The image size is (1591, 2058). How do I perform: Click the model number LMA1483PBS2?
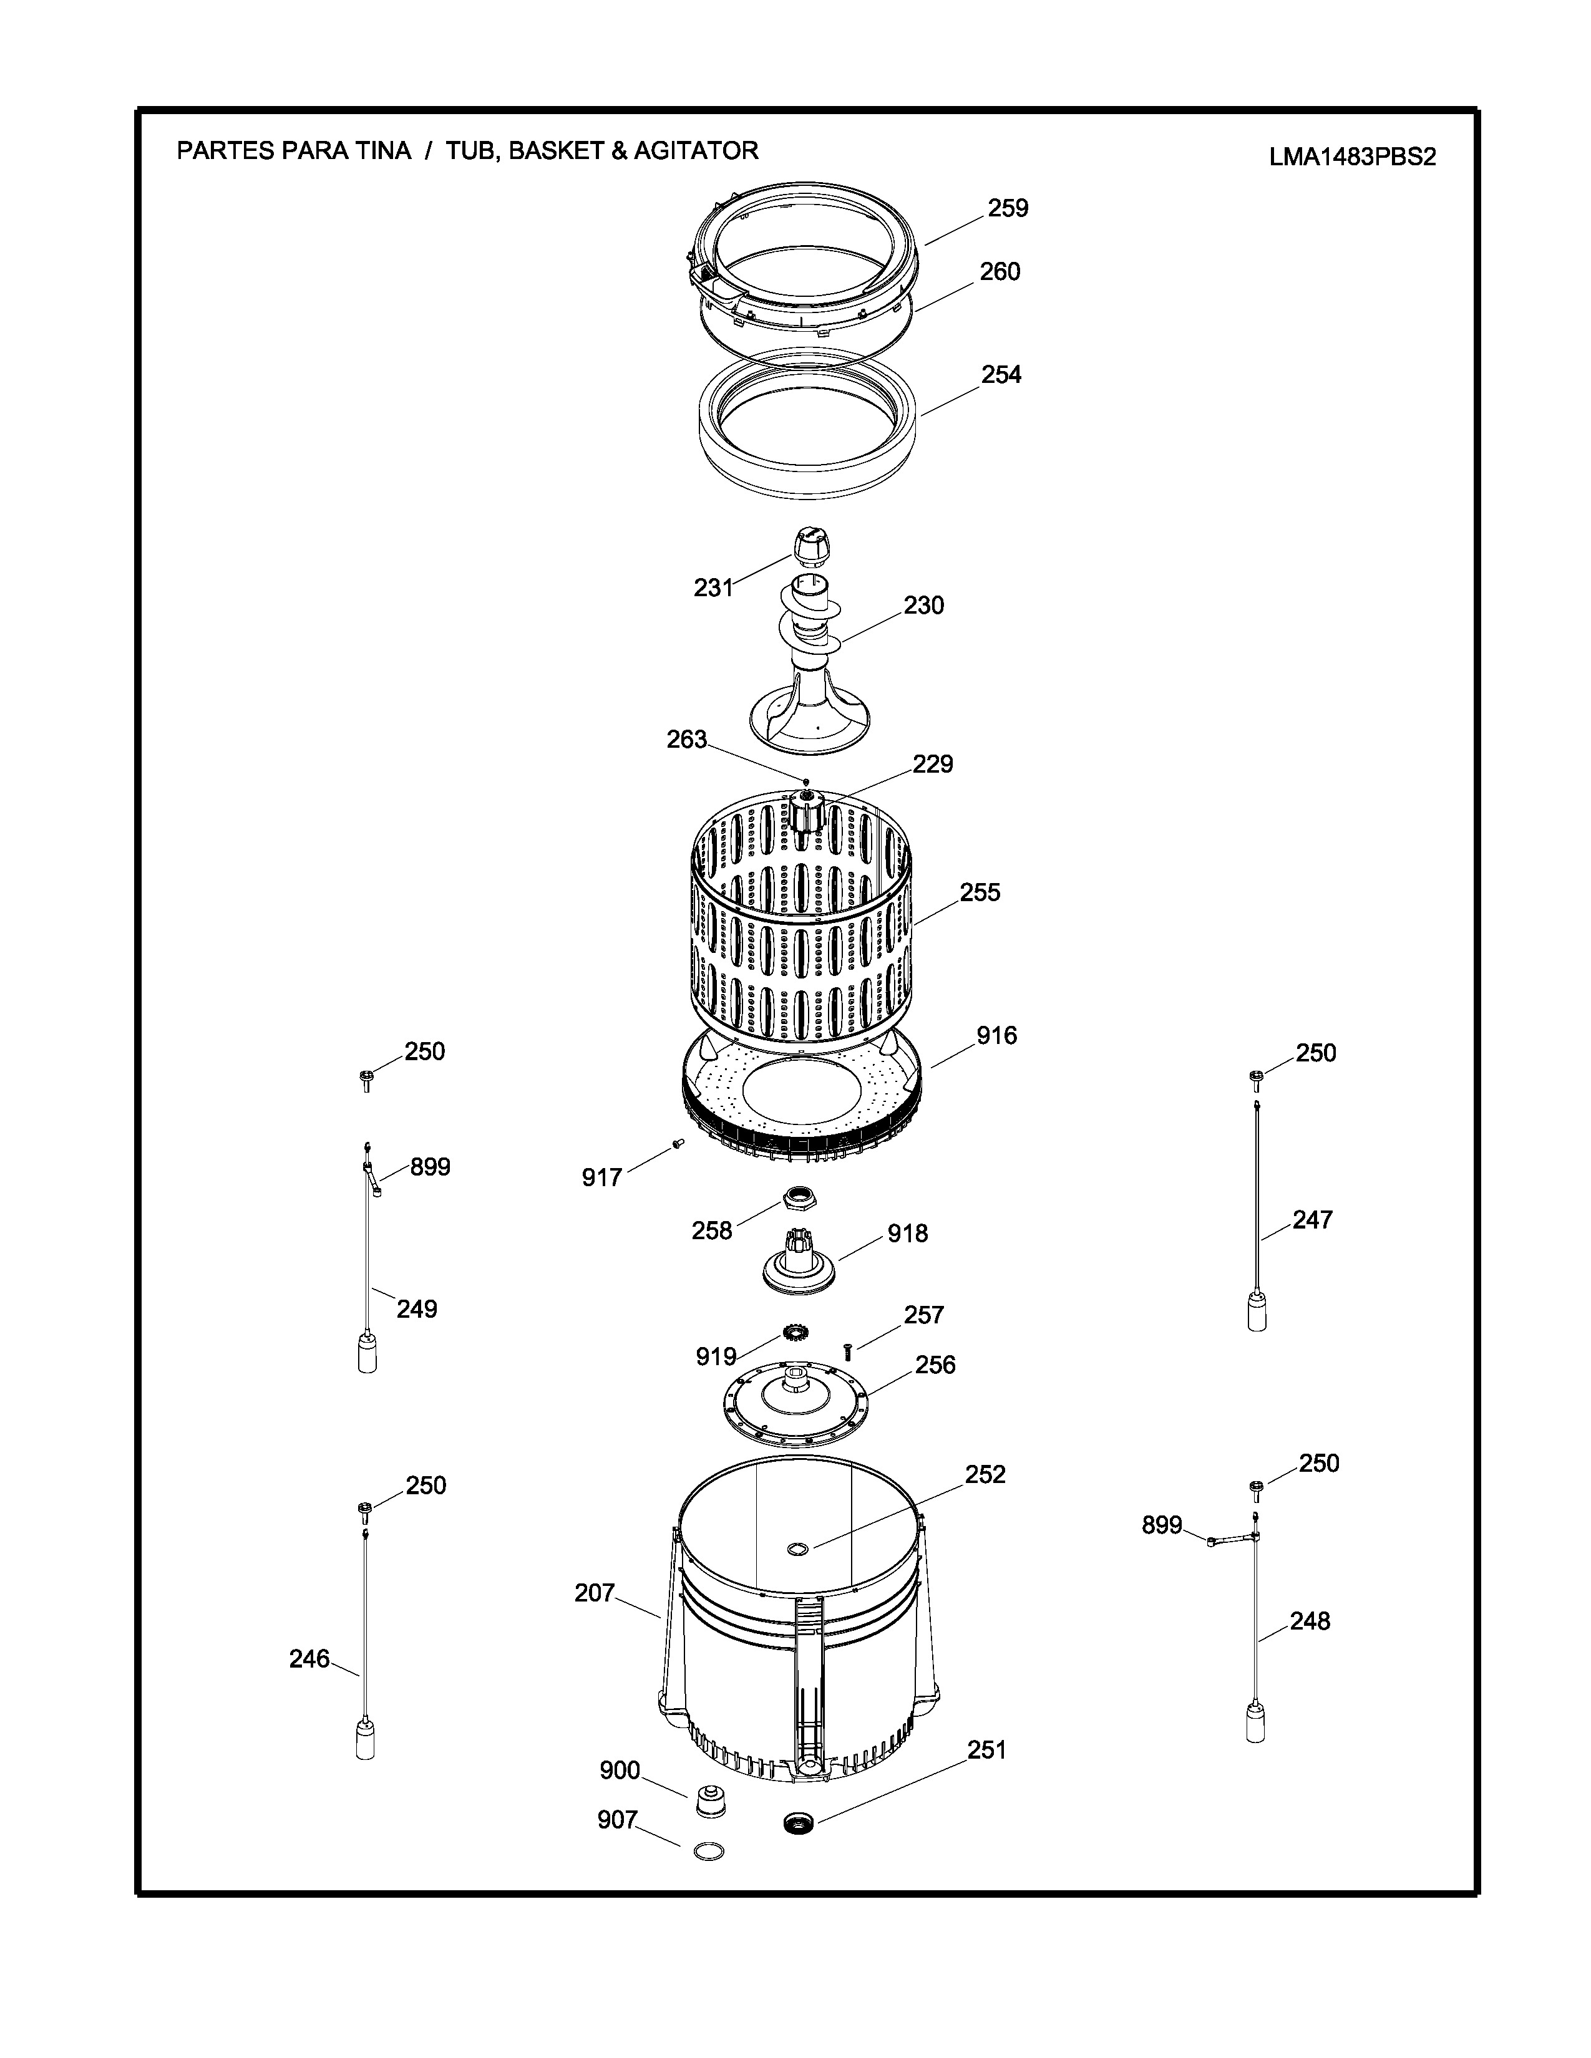[1351, 157]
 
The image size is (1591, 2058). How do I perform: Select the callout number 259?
[1008, 208]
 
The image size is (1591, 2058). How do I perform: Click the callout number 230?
[923, 605]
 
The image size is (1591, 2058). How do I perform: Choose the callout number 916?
[996, 1036]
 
